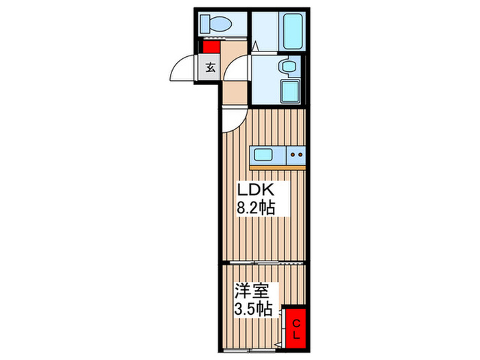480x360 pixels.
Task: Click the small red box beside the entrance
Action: pos(210,47)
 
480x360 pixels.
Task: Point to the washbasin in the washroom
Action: pos(287,66)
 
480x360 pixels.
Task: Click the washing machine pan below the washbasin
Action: pos(290,89)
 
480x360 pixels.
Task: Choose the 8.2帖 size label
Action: pos(256,208)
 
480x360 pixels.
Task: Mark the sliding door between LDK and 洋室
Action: pos(261,263)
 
